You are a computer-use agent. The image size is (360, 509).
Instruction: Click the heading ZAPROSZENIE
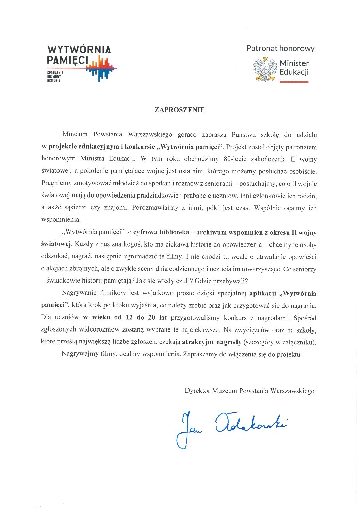(179, 110)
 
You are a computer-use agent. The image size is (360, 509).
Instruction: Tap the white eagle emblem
(265, 70)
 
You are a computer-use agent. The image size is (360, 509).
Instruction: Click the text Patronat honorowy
(280, 48)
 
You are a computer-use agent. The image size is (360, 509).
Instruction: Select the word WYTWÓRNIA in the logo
(79, 50)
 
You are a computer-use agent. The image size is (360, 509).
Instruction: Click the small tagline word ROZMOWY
(54, 77)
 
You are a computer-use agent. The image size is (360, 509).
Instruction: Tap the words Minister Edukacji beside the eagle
(294, 67)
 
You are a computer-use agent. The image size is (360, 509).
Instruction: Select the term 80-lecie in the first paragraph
(235, 159)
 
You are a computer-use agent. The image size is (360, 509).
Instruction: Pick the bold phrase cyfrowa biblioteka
(161, 232)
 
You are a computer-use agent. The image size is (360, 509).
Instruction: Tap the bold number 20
(152, 318)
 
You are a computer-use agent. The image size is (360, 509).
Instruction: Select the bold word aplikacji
(263, 293)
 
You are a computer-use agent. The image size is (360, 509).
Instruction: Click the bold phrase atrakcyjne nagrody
(212, 342)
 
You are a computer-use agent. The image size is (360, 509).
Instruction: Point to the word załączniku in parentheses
(300, 342)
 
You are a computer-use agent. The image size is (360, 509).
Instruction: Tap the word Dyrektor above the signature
(198, 391)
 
